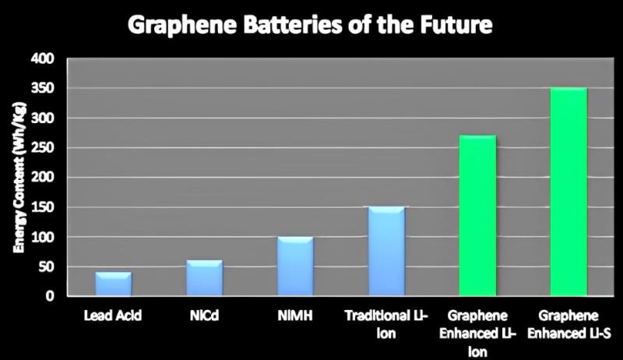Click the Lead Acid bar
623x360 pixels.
(113, 284)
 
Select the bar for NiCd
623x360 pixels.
(204, 278)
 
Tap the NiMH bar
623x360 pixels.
(295, 266)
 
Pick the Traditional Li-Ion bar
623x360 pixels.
(386, 251)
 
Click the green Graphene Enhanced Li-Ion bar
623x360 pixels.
(477, 216)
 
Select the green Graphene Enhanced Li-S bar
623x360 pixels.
(568, 192)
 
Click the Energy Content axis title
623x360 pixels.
(16, 180)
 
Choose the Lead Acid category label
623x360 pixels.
(113, 316)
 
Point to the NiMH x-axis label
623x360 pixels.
(295, 316)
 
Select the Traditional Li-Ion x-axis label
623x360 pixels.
(386, 323)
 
